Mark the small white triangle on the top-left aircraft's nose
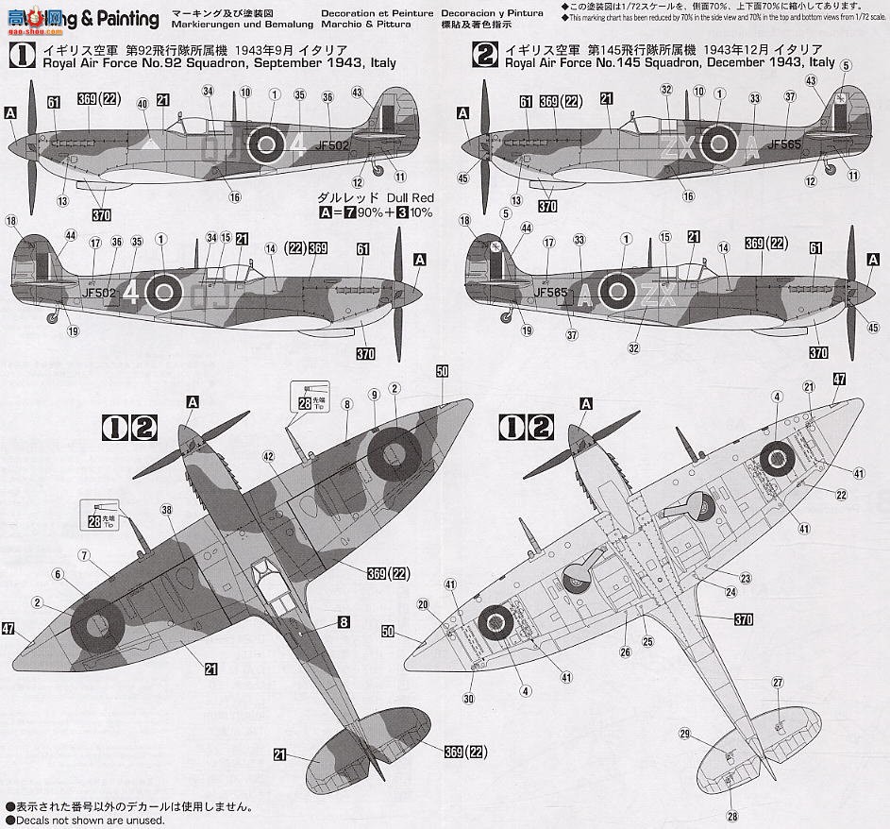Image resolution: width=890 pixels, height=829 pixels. click(150, 144)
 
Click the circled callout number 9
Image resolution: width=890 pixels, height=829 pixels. click(374, 394)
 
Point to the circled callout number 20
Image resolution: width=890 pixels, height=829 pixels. click(422, 604)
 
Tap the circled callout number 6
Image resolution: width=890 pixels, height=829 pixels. click(58, 573)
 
